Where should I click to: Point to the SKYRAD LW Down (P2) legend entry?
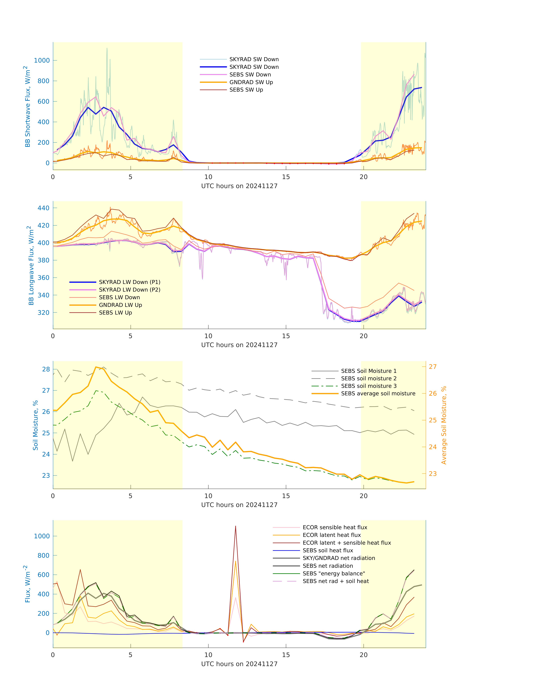point(130,290)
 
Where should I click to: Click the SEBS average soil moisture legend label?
point(378,394)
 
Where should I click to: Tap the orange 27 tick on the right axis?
point(432,367)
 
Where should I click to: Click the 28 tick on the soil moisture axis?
point(46,369)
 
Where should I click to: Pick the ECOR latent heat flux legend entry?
point(332,535)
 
